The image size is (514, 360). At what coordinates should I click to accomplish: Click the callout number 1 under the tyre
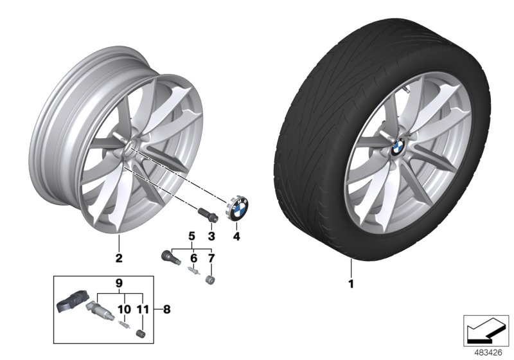point(351,283)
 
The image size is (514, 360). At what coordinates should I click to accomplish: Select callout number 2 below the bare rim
point(118,260)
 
